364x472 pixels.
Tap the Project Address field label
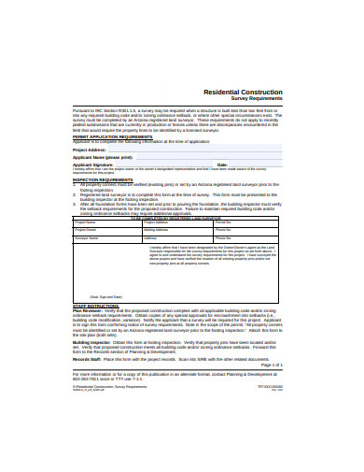point(92,149)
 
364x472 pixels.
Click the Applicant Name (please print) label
point(105,158)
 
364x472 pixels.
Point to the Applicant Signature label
point(97,164)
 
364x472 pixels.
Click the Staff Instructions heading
point(95,305)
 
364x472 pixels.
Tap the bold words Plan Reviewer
point(89,310)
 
